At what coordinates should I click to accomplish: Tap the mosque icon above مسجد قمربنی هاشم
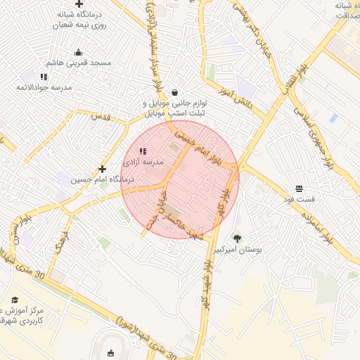point(78,52)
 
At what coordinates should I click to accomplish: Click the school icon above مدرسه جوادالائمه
point(44,77)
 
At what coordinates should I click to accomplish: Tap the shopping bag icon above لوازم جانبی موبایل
point(174,92)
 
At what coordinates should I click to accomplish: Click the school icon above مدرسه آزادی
point(143,151)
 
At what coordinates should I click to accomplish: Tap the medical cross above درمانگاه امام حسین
point(103,169)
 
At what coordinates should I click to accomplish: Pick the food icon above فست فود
point(300,188)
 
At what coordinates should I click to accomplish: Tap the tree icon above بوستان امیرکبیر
point(237,238)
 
